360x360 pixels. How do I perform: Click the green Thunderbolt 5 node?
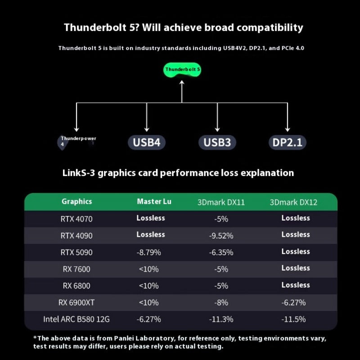(182, 70)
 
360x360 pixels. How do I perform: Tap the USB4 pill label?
(147, 143)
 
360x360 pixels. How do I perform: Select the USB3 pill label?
(217, 143)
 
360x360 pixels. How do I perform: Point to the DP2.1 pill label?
(288, 143)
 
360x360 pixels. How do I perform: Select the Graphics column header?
(76, 202)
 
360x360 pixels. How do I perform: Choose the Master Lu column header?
(154, 202)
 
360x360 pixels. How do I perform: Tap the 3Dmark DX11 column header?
(221, 202)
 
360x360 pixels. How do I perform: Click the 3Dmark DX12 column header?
(293, 202)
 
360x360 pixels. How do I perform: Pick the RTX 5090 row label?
(76, 252)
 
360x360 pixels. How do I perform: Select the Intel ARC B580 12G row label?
(76, 319)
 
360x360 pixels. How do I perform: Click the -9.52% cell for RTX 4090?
(221, 235)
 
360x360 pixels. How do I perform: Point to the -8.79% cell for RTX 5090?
(148, 252)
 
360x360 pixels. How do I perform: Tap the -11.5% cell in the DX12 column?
(293, 319)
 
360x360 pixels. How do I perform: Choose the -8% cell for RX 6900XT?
(221, 302)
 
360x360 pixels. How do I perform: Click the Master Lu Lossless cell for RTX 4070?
(151, 218)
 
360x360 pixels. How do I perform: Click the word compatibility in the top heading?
(270, 27)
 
